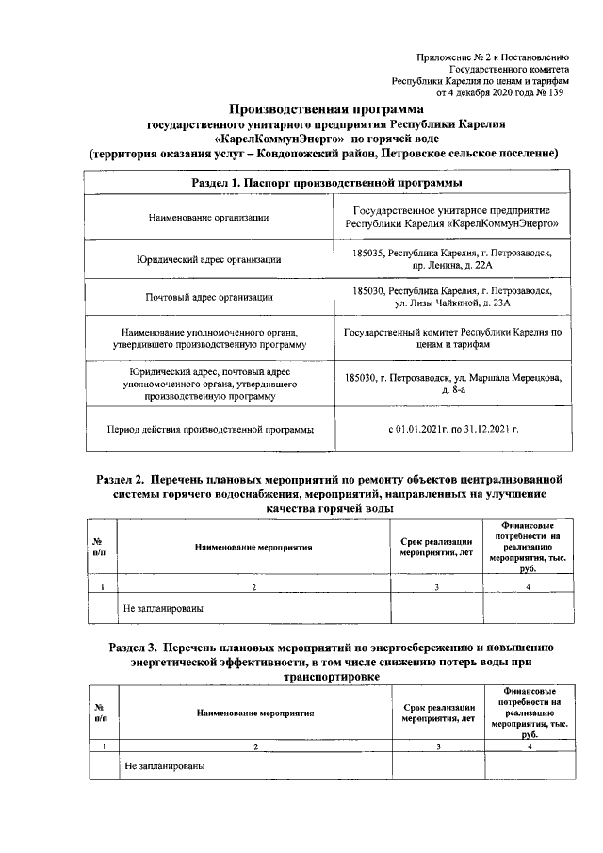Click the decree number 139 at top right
pos(558,93)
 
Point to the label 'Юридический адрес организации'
pos(209,258)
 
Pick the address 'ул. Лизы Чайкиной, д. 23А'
pos(452,305)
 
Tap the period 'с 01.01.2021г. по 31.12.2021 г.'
pos(453,430)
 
